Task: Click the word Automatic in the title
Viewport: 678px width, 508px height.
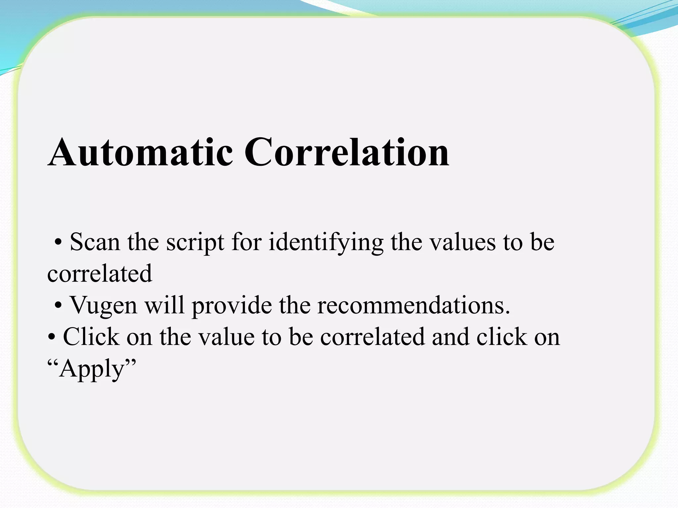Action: click(140, 153)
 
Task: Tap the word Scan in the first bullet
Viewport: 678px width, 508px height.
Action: click(95, 242)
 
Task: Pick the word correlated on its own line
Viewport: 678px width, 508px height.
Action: click(100, 274)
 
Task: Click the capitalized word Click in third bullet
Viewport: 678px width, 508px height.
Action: click(91, 337)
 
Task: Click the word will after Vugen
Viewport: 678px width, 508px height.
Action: click(165, 305)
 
